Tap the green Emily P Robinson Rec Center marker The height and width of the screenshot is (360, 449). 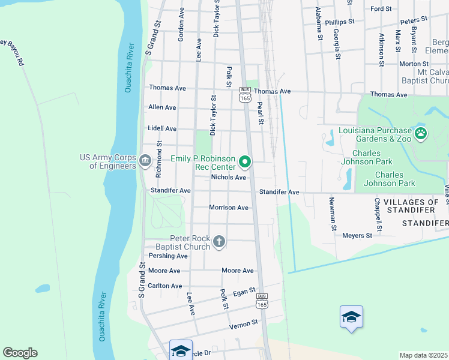(245, 161)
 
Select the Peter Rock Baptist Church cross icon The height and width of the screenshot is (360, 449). (219, 242)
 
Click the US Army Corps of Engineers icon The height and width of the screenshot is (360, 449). (145, 161)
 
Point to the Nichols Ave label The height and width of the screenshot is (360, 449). (229, 178)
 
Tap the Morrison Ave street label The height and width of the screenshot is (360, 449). (228, 208)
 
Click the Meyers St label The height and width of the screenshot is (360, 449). (357, 236)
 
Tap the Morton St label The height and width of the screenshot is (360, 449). (410, 64)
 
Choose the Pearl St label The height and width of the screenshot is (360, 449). (261, 113)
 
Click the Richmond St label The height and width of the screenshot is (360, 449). (159, 160)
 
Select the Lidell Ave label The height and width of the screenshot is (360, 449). (162, 128)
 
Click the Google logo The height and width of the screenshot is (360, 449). (20, 353)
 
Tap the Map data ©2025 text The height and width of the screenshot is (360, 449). (423, 355)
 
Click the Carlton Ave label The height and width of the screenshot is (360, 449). (164, 286)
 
